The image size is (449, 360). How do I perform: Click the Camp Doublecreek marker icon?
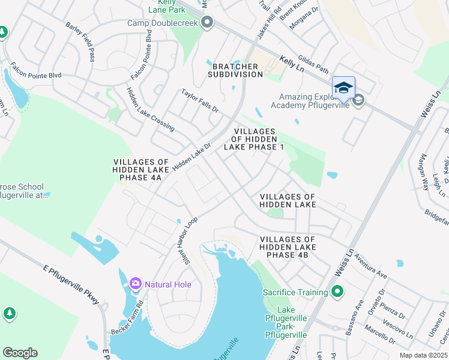click(x=208, y=23)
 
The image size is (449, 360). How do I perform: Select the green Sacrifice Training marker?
click(x=337, y=292)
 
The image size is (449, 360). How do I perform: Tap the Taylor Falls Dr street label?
click(x=200, y=101)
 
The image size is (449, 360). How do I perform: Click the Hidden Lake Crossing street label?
click(x=150, y=109)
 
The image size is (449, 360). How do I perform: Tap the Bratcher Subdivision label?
click(x=235, y=70)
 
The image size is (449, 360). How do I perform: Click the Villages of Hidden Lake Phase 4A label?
click(x=142, y=170)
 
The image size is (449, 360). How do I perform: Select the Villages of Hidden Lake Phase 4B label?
click(x=288, y=247)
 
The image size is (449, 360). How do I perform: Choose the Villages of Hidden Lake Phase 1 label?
click(x=255, y=139)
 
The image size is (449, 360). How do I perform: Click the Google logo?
click(x=20, y=353)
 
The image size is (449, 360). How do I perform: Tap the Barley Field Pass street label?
click(x=80, y=43)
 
